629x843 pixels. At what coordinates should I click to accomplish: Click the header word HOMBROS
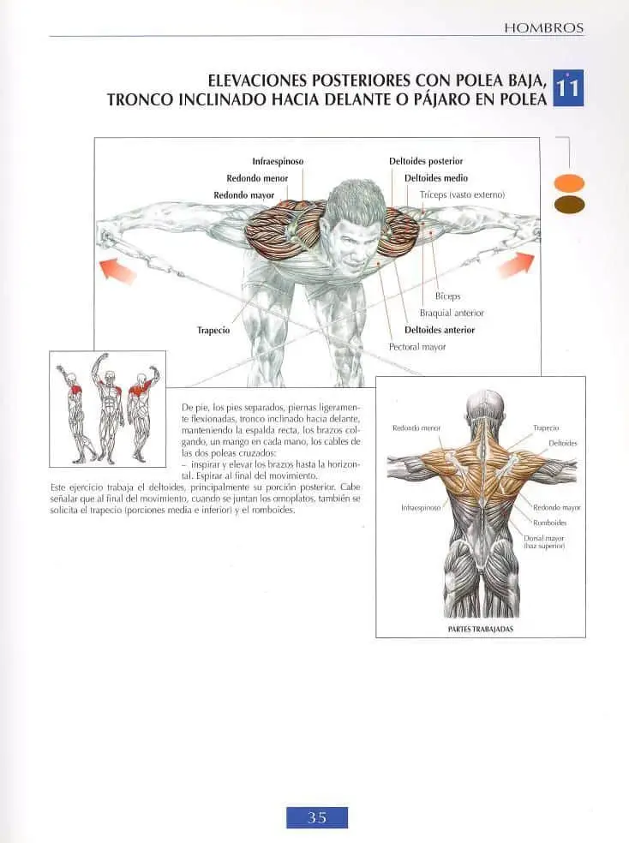pyautogui.click(x=543, y=28)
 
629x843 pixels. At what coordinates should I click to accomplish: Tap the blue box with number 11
pyautogui.click(x=568, y=87)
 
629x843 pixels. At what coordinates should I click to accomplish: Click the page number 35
pyautogui.click(x=317, y=818)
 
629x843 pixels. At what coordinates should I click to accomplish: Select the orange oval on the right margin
pyautogui.click(x=569, y=183)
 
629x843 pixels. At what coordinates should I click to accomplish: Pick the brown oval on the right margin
pyautogui.click(x=569, y=205)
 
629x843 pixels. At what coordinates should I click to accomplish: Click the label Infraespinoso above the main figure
pyautogui.click(x=278, y=161)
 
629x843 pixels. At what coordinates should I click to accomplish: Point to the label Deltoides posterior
pyautogui.click(x=426, y=161)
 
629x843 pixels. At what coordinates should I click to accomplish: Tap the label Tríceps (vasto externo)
pyautogui.click(x=463, y=194)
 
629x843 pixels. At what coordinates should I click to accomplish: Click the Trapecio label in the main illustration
pyautogui.click(x=213, y=330)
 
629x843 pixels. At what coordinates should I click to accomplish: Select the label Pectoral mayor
pyautogui.click(x=417, y=347)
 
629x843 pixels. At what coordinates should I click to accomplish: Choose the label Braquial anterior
pyautogui.click(x=452, y=313)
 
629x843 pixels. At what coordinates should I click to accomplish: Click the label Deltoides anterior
pyautogui.click(x=440, y=330)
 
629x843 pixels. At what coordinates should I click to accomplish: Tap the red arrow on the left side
pyautogui.click(x=118, y=269)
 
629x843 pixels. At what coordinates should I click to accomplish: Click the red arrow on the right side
pyautogui.click(x=517, y=265)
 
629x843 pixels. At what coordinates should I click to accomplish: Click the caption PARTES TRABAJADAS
pyautogui.click(x=481, y=629)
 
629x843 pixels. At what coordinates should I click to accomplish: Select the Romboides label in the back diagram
pyautogui.click(x=550, y=523)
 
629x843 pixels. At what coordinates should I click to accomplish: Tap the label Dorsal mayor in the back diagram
pyautogui.click(x=544, y=538)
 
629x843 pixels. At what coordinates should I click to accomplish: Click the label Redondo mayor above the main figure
pyautogui.click(x=244, y=195)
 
